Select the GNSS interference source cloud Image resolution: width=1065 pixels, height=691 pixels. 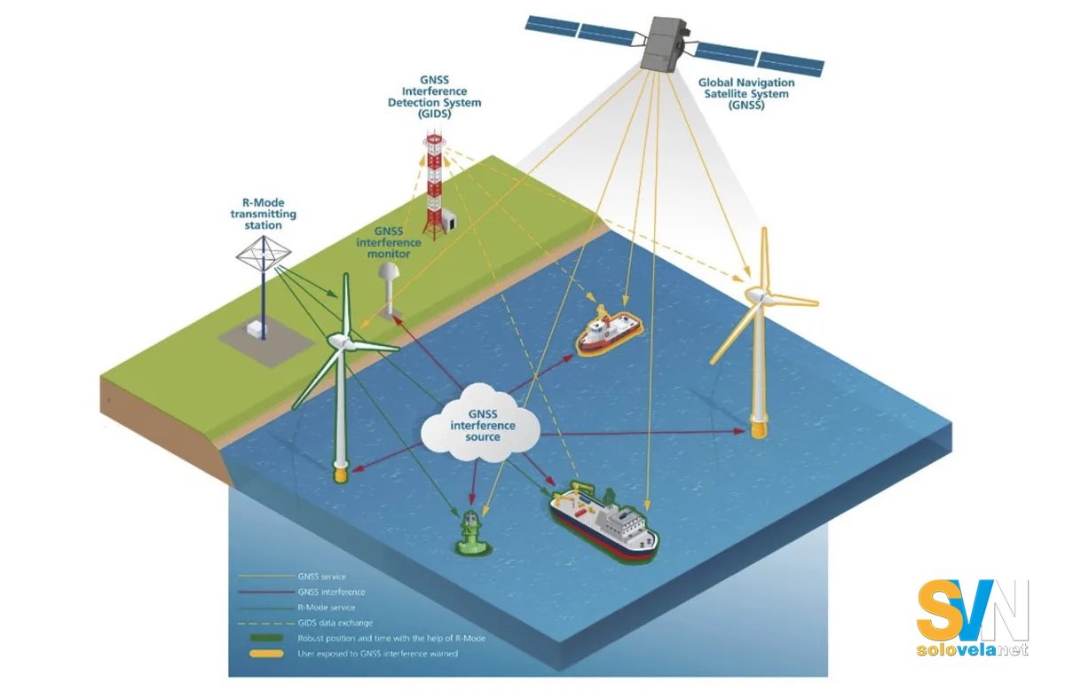pos(481,423)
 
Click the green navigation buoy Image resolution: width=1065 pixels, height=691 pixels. pos(470,534)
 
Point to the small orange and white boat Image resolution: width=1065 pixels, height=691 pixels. pos(609,331)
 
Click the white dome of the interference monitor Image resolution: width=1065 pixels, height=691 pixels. pos(389,272)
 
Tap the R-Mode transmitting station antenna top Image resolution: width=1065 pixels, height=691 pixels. pos(263,254)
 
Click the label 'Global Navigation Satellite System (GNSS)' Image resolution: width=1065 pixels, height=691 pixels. pos(746,94)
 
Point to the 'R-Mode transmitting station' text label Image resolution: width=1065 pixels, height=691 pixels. pos(263,214)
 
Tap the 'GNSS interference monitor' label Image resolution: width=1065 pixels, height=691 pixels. pos(389,242)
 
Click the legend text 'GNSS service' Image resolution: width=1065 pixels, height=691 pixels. pos(322,577)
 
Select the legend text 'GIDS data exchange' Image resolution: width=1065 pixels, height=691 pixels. pos(335,623)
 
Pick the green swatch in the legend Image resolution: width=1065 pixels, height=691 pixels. pos(266,638)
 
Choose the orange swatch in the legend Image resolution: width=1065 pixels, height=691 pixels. pos(266,654)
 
